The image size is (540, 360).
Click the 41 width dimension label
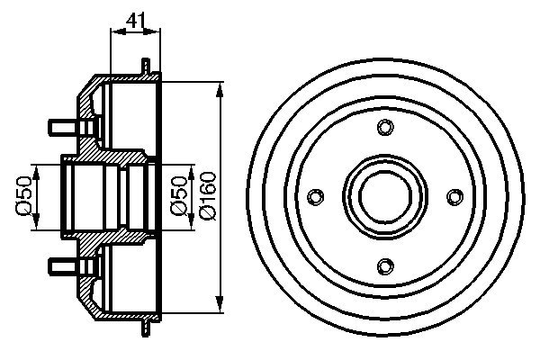click(x=136, y=21)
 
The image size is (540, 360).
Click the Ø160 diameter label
click(x=208, y=195)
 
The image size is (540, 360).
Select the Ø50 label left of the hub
click(x=23, y=196)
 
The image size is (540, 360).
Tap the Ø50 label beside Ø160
click(x=179, y=196)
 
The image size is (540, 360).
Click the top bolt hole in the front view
click(x=385, y=127)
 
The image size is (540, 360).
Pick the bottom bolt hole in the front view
click(x=385, y=266)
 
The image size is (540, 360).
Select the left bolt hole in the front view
click(x=315, y=197)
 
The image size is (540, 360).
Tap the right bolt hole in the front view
click(x=455, y=197)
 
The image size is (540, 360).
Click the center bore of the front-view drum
click(x=385, y=197)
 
